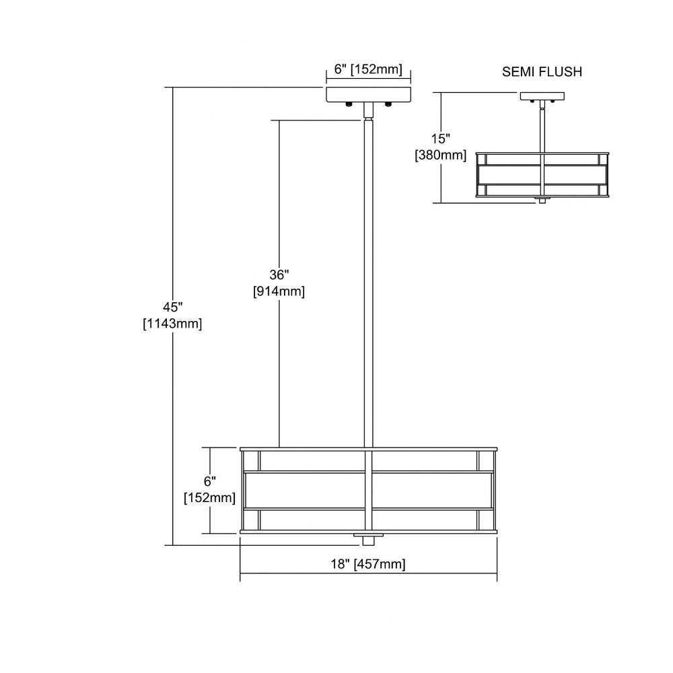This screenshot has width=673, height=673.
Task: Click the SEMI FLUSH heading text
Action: coord(542,72)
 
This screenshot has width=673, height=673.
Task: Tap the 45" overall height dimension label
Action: coord(172,308)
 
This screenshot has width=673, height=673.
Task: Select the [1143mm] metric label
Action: coord(172,324)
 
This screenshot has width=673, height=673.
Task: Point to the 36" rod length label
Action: coord(279,275)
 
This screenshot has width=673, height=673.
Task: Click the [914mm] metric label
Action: coord(279,291)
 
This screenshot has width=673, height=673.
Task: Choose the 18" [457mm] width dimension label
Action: coord(368,564)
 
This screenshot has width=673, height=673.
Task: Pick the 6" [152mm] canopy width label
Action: coord(368,69)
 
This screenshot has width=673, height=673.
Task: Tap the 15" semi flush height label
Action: coord(441,139)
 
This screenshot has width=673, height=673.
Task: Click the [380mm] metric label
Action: coord(441,155)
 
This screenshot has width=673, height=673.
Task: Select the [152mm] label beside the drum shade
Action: coord(210,498)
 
